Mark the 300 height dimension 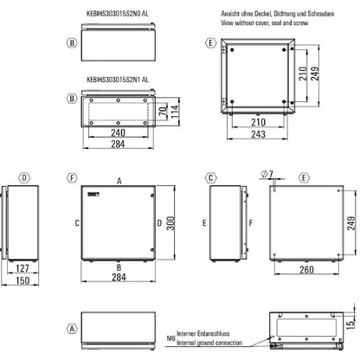click(173, 225)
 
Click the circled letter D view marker click(25, 178)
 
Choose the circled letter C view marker click(210, 178)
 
